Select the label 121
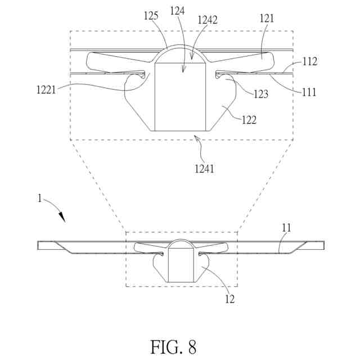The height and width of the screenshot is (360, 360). (267, 19)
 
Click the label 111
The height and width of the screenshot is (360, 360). (308, 92)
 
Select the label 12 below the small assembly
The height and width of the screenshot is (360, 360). (229, 299)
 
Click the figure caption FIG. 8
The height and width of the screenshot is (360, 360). (173, 346)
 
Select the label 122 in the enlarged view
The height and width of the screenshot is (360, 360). (249, 119)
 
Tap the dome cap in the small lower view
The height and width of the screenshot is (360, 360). (181, 244)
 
